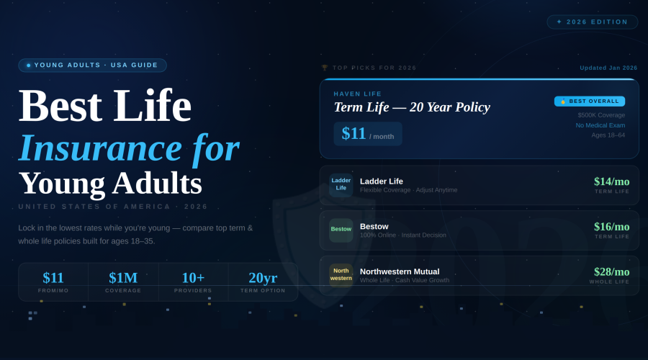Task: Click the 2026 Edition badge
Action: tap(593, 22)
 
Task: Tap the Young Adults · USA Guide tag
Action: tap(93, 65)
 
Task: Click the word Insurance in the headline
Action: tap(100, 148)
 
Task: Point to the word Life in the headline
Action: tap(152, 105)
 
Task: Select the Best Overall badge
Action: tap(589, 102)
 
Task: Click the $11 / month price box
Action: tap(367, 134)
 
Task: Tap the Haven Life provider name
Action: tap(358, 94)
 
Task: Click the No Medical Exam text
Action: tap(600, 125)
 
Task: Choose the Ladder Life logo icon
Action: tap(341, 184)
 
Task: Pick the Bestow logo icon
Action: tap(341, 230)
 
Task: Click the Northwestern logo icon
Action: tap(341, 274)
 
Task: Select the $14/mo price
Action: tap(611, 181)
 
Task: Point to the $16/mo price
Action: tap(611, 227)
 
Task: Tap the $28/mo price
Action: tap(611, 271)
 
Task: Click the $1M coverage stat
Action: tap(123, 278)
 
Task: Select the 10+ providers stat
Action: tap(193, 278)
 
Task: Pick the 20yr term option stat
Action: tap(263, 278)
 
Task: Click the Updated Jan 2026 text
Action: tap(608, 68)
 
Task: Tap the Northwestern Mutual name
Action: tap(400, 271)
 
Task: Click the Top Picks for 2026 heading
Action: tap(369, 68)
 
